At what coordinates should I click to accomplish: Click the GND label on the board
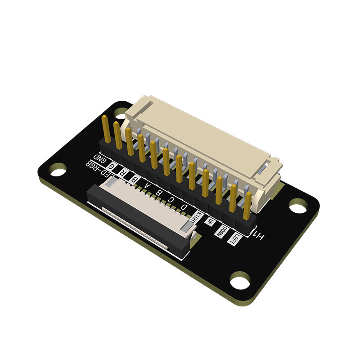pos(100,160)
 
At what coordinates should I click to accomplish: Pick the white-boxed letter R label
pos(122,173)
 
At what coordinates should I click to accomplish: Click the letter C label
pos(171,201)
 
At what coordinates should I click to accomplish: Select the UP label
pos(210,222)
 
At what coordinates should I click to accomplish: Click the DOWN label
pos(221,230)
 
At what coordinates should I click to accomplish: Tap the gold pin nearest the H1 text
pos(247,205)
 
